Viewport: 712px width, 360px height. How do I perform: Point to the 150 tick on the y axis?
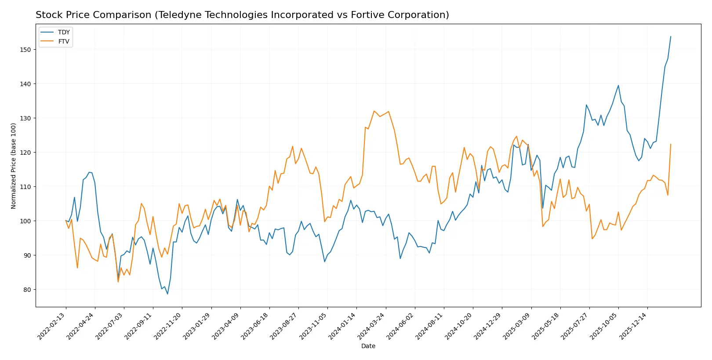pos(25,50)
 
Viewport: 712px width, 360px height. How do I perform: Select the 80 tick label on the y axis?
pos(27,290)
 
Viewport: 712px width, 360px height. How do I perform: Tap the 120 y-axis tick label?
pos(25,153)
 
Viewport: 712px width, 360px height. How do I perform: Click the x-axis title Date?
pos(368,346)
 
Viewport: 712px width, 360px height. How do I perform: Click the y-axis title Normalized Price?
pos(14,166)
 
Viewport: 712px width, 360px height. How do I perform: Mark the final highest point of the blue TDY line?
pos(671,36)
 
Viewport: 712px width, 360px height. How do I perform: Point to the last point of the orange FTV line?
pos(671,144)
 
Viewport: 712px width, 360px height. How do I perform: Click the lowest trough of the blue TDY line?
pos(167,294)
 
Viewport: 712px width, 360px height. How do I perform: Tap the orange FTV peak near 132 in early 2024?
pos(374,111)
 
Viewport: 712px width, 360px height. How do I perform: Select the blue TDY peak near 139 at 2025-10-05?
pos(618,85)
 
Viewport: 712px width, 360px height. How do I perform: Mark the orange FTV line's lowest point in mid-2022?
pos(118,282)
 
